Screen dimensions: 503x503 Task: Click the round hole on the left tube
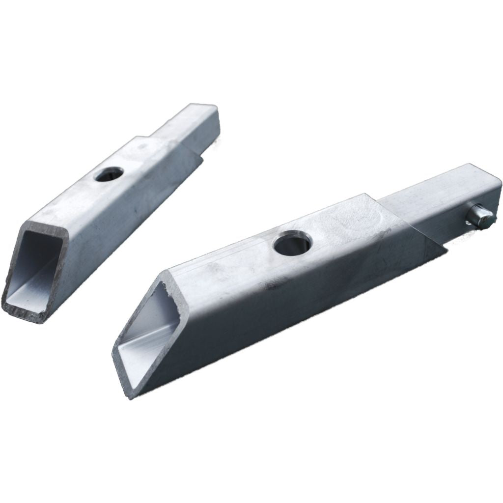coord(109,174)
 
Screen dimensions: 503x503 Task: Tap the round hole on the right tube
coord(293,244)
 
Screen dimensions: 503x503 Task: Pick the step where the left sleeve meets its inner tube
coord(162,140)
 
